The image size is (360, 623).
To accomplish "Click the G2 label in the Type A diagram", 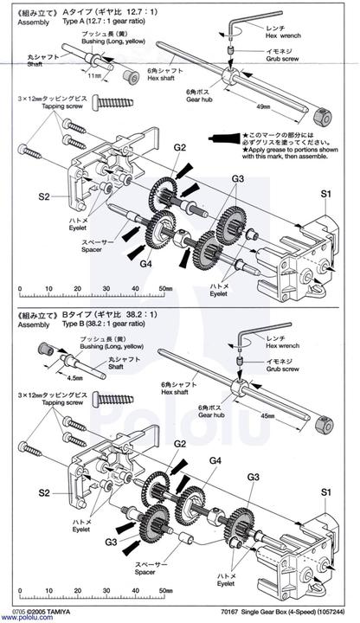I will (x=180, y=148).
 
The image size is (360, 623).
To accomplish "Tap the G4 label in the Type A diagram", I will (x=146, y=263).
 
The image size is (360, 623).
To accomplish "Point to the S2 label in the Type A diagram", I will (x=45, y=196).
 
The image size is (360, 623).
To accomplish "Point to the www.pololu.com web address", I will (x=29, y=618).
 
